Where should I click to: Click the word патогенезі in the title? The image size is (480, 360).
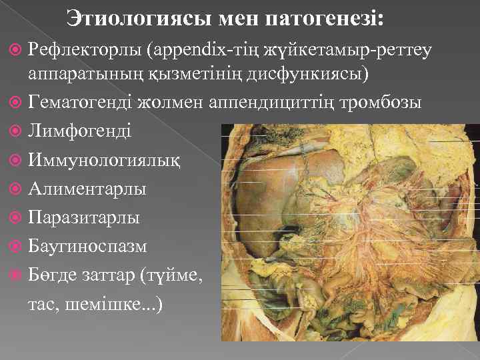click(324, 18)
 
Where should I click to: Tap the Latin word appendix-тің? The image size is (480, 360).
click(198, 48)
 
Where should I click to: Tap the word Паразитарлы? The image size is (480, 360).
click(84, 217)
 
